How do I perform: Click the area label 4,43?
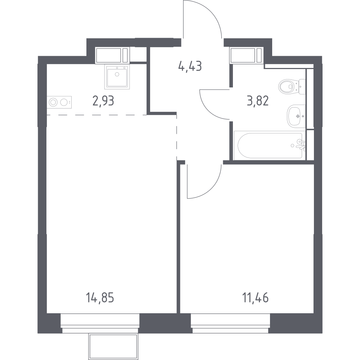(x=190, y=66)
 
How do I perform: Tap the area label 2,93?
(x=103, y=101)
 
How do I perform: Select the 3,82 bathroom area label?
(x=258, y=101)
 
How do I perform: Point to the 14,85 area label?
(x=100, y=298)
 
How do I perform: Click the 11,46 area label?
(x=255, y=298)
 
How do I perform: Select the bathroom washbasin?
(x=296, y=116)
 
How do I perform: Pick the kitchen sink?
(x=117, y=77)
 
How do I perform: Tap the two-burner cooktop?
(x=59, y=102)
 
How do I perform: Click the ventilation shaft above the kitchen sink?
(x=112, y=55)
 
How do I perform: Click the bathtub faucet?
(x=301, y=144)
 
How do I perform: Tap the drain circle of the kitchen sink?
(x=117, y=74)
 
